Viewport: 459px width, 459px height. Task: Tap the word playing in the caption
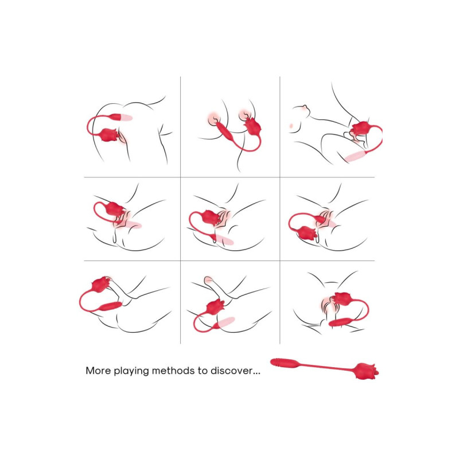tap(131, 371)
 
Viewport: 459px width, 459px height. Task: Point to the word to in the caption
tap(203, 371)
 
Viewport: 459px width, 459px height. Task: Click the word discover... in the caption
tap(235, 371)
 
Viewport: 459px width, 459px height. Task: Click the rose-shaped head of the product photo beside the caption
tap(366, 371)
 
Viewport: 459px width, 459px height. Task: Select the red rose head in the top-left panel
tap(109, 135)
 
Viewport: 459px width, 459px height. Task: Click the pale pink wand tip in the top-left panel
tap(127, 118)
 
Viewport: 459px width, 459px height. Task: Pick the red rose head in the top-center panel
tap(252, 126)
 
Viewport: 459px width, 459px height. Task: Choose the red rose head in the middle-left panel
tap(114, 208)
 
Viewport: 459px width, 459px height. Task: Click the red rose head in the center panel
tap(209, 217)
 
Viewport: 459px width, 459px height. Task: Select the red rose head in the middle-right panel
tap(307, 234)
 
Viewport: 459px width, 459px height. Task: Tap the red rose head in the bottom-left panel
tap(101, 283)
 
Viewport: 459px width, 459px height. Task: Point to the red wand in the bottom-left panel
tap(110, 306)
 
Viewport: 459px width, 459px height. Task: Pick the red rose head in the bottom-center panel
tap(216, 307)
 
